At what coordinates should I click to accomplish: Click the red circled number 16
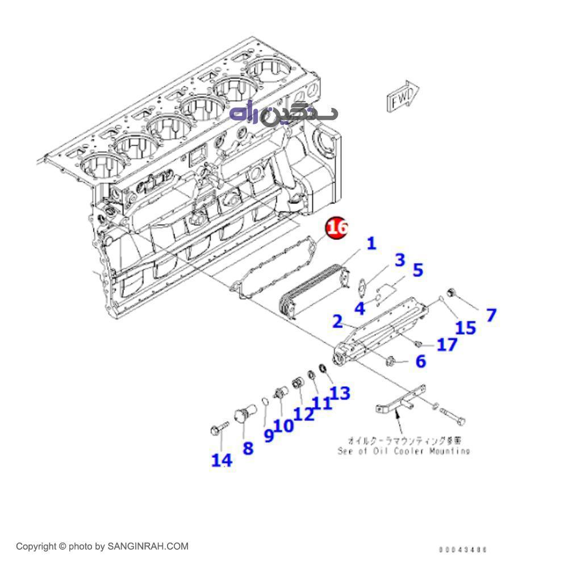(x=337, y=228)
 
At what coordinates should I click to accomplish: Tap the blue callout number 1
(x=371, y=244)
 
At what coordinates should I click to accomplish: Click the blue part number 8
(x=248, y=448)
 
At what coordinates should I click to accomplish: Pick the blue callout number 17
(x=447, y=344)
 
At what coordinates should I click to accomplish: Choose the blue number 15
(x=466, y=327)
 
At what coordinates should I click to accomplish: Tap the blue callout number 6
(x=420, y=361)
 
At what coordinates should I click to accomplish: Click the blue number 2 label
(x=337, y=321)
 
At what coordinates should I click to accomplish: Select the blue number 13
(x=340, y=392)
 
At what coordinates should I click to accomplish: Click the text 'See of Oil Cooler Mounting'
(x=403, y=451)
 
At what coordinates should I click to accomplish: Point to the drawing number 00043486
(x=463, y=549)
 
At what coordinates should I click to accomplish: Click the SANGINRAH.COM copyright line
(x=102, y=546)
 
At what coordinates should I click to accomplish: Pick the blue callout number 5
(x=418, y=270)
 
